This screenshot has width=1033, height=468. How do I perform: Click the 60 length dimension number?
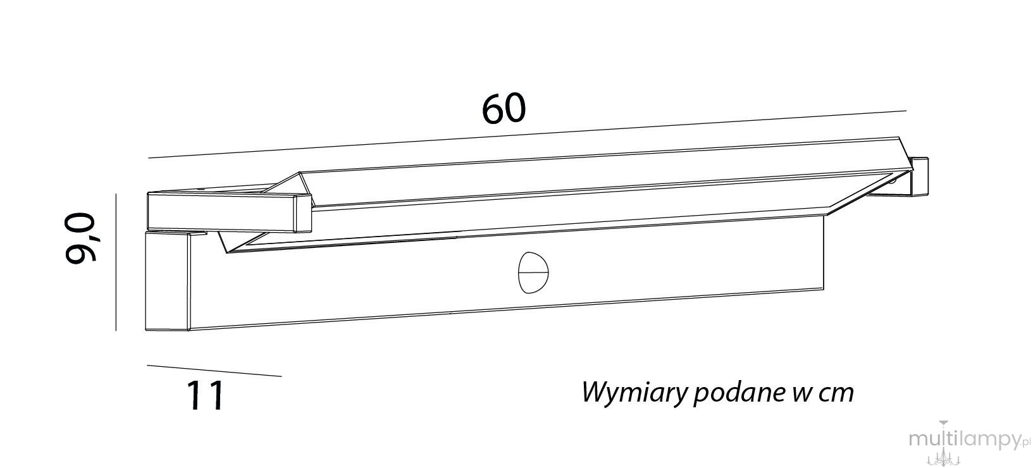(x=504, y=109)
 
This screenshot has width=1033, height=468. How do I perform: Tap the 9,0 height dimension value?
(x=80, y=238)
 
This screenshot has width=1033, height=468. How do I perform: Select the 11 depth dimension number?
(x=205, y=395)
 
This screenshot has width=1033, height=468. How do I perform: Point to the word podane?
(x=738, y=392)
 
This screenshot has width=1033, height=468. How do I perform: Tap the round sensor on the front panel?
(x=533, y=272)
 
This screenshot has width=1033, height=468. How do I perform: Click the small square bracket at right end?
(x=919, y=176)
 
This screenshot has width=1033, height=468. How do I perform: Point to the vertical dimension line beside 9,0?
(x=116, y=262)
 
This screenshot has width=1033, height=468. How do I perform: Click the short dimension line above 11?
(x=214, y=371)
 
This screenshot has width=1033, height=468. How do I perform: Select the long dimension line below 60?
(x=527, y=134)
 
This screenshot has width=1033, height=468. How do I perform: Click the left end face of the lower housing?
(x=167, y=281)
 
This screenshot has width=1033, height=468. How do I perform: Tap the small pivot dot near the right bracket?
(x=893, y=182)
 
